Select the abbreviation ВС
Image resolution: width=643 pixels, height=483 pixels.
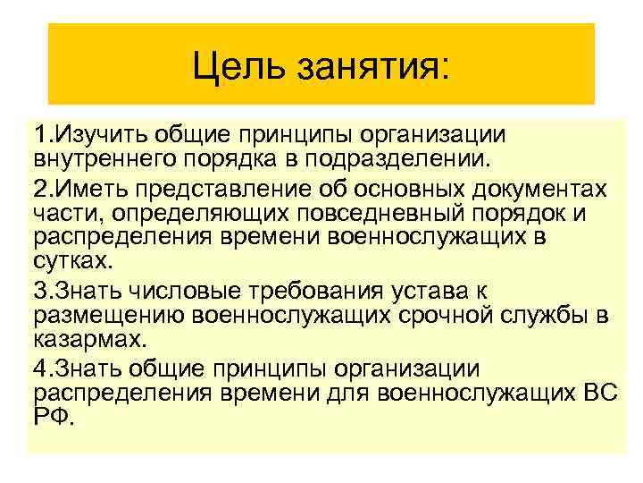(600, 394)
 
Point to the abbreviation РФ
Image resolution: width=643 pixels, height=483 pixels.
(52, 417)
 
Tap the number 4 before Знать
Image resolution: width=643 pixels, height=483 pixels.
(40, 369)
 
